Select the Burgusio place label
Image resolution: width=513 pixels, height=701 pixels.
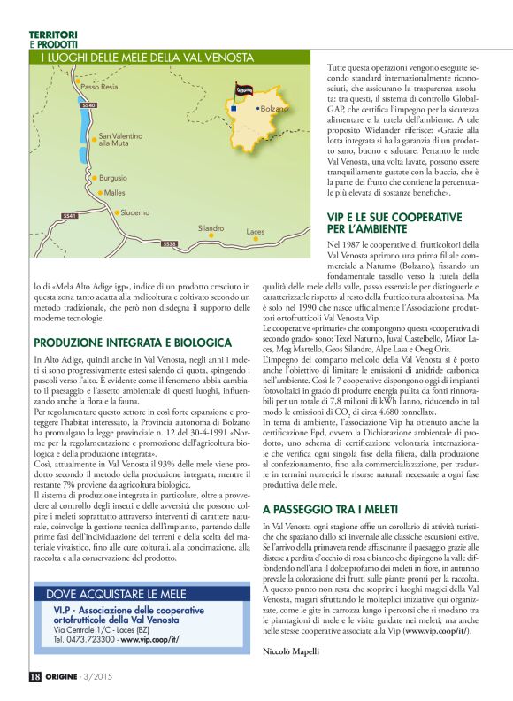tap(112, 178)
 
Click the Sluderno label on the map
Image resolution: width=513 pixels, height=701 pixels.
tap(134, 212)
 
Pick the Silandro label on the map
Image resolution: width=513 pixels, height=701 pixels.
tap(211, 228)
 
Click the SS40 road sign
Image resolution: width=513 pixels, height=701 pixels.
tap(88, 105)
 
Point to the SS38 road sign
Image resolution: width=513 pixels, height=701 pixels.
tap(169, 243)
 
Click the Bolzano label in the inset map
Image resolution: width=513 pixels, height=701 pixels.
tap(275, 109)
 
